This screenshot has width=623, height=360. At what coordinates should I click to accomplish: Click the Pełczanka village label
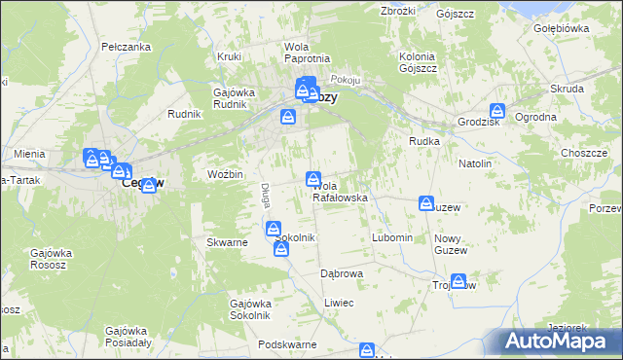tap(125, 47)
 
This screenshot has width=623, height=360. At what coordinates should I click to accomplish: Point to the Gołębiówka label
tap(562, 28)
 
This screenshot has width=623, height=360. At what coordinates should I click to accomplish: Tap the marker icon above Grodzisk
tap(497, 112)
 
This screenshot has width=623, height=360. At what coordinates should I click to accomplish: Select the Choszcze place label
tap(584, 153)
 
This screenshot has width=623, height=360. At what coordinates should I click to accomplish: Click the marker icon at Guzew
tap(426, 202)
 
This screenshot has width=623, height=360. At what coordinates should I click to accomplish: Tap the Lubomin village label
tap(393, 238)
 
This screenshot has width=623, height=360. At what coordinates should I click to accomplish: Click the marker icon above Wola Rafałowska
tap(313, 178)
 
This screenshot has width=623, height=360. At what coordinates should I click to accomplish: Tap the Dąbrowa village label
tap(342, 274)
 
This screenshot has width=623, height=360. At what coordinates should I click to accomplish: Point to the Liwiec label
tap(339, 304)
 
